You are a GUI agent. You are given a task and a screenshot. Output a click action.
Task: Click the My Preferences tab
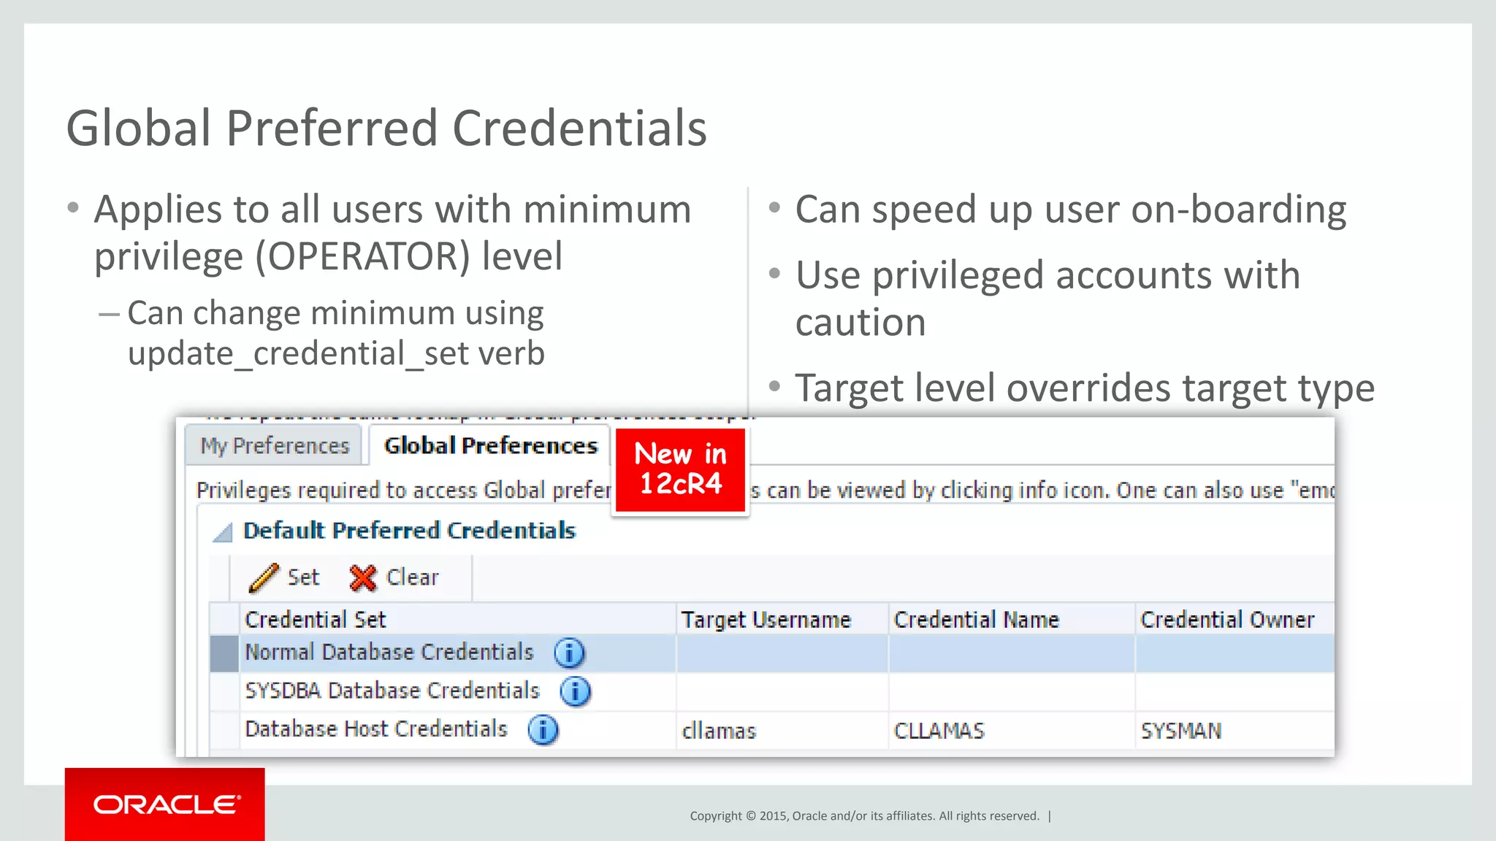275,445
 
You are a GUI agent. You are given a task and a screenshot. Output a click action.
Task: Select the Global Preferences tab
490,445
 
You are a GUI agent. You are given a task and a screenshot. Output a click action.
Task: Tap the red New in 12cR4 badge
681,469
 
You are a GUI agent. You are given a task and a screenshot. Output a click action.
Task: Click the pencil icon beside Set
263,577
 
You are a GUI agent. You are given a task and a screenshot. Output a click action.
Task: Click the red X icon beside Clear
363,577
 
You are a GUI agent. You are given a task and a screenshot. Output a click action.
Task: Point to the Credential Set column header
315,619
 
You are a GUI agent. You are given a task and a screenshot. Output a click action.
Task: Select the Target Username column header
766,619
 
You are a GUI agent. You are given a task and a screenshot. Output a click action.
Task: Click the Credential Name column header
976,619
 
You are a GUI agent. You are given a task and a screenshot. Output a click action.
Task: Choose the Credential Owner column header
1227,619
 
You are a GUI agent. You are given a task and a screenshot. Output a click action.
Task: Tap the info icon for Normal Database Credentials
569,653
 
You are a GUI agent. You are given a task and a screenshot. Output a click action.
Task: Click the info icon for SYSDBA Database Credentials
575,691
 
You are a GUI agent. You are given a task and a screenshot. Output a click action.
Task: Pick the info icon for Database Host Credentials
543,729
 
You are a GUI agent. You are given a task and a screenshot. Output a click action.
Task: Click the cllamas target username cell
719,730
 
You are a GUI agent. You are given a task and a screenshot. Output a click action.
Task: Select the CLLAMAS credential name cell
939,730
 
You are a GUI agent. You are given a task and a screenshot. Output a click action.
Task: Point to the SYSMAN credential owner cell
1180,730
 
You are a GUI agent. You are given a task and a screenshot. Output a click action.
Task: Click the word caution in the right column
860,322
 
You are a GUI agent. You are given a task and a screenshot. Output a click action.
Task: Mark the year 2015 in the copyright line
773,815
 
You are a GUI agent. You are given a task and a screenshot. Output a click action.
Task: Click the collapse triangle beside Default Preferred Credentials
223,532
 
